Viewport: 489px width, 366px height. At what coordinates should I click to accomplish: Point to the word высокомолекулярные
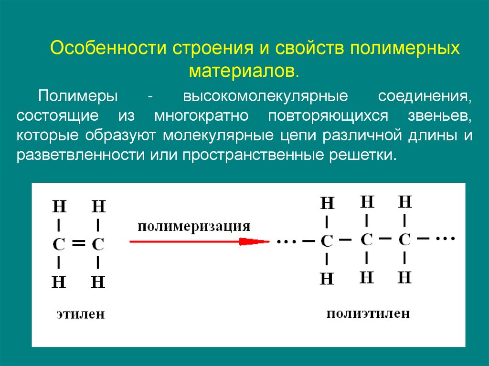click(266, 95)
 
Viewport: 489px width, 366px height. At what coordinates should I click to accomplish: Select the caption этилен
click(80, 314)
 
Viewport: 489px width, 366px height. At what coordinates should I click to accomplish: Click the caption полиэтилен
click(368, 313)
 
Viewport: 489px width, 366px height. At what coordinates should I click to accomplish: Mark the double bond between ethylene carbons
click(78, 244)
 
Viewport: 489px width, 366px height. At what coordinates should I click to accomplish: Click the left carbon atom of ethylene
click(58, 244)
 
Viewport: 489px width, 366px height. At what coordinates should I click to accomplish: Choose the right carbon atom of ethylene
click(98, 244)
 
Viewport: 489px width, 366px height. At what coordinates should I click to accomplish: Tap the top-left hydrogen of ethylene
click(59, 207)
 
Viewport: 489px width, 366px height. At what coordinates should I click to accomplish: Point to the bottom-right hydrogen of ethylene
click(98, 282)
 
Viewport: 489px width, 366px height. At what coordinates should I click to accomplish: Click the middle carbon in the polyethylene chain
click(366, 239)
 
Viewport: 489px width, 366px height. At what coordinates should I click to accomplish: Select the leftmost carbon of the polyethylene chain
click(327, 241)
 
